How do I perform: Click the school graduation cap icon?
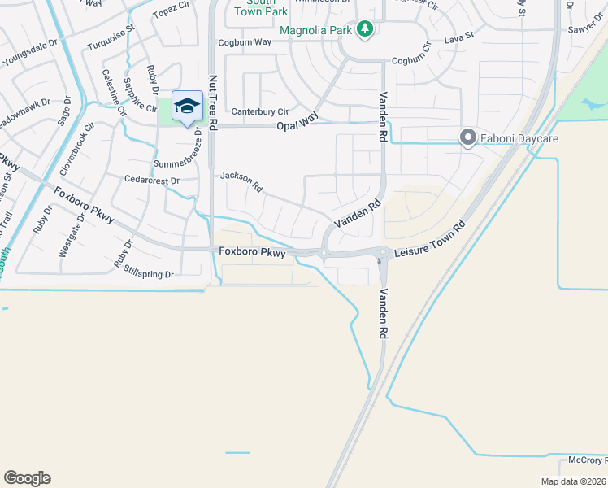pos(187,107)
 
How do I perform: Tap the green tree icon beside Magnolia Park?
pos(366,30)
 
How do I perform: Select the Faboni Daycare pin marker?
pos(467,138)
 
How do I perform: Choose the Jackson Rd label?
pos(241,181)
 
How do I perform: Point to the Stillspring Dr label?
pos(148,274)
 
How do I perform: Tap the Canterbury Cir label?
pos(260,111)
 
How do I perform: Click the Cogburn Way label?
pos(244,42)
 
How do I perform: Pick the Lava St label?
pos(458,37)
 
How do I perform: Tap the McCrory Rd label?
pos(584,460)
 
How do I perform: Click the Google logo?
pos(27,478)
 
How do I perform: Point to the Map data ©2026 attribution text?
pos(574,481)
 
